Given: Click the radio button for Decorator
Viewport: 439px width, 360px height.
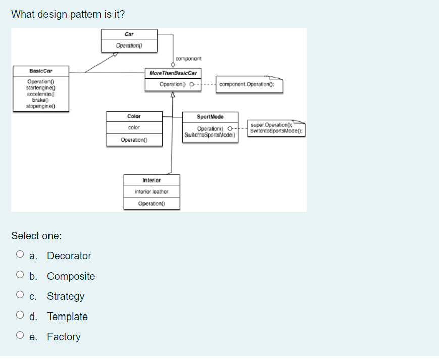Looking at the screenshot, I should (x=20, y=256).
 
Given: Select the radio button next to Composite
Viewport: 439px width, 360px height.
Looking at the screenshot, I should (x=20, y=276).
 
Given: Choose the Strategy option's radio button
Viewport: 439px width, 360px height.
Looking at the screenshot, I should (x=20, y=296).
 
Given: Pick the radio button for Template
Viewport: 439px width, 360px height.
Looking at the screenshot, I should (x=20, y=317).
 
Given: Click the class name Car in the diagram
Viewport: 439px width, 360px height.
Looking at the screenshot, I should (x=129, y=34).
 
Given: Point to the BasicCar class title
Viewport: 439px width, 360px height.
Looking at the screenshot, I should (x=41, y=71).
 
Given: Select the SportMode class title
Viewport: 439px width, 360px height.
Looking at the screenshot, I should (x=210, y=117).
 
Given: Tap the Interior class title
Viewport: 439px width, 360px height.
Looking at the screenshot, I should (x=152, y=181).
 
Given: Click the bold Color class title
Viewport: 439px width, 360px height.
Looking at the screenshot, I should (x=134, y=116).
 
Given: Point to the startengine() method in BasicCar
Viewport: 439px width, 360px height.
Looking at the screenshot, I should (x=41, y=87).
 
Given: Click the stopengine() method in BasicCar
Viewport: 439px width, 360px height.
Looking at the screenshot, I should (x=41, y=106).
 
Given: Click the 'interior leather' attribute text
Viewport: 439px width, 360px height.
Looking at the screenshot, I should (x=152, y=192).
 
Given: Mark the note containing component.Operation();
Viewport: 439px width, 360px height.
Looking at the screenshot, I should (x=250, y=84).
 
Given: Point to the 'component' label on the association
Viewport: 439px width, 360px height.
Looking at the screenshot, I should (x=188, y=59).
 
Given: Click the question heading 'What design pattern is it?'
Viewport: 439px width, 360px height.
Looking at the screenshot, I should (x=68, y=14).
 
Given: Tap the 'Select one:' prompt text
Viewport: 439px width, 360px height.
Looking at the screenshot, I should (x=36, y=236).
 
